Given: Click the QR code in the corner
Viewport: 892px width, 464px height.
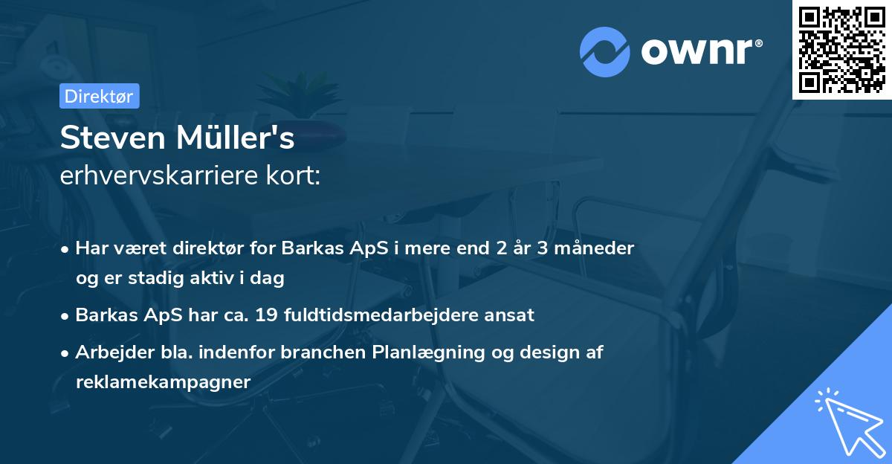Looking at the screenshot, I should pos(842,49).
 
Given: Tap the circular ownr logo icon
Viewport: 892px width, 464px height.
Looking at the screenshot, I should pos(605,51).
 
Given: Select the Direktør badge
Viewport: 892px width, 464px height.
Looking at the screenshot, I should pos(99,96).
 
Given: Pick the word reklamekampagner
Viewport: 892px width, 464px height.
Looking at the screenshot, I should pos(163,381).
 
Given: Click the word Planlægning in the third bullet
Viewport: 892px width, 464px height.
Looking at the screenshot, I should pos(426,352).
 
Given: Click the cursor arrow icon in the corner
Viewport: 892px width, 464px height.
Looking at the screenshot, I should pos(847,419).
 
